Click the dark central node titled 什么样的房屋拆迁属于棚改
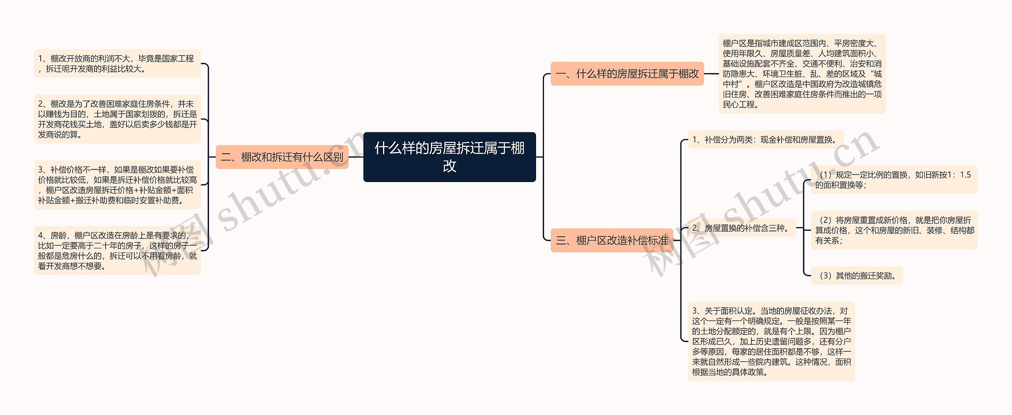point(449,157)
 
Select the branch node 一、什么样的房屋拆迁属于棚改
point(627,74)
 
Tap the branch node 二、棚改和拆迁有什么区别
point(282,157)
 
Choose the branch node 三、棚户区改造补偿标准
point(612,240)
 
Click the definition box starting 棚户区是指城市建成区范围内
point(802,74)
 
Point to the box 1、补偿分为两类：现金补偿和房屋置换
point(765,140)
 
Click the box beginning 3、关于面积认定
point(771,341)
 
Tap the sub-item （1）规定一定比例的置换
point(894,180)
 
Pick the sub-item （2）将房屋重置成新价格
point(894,230)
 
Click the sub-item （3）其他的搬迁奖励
point(857,276)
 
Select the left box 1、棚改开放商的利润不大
point(117,64)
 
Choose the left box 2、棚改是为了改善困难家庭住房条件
point(117,119)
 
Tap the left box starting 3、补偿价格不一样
point(117,185)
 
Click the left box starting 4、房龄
point(117,251)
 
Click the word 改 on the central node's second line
point(449,166)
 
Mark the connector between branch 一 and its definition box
point(711,74)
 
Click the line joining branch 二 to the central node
point(356,157)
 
